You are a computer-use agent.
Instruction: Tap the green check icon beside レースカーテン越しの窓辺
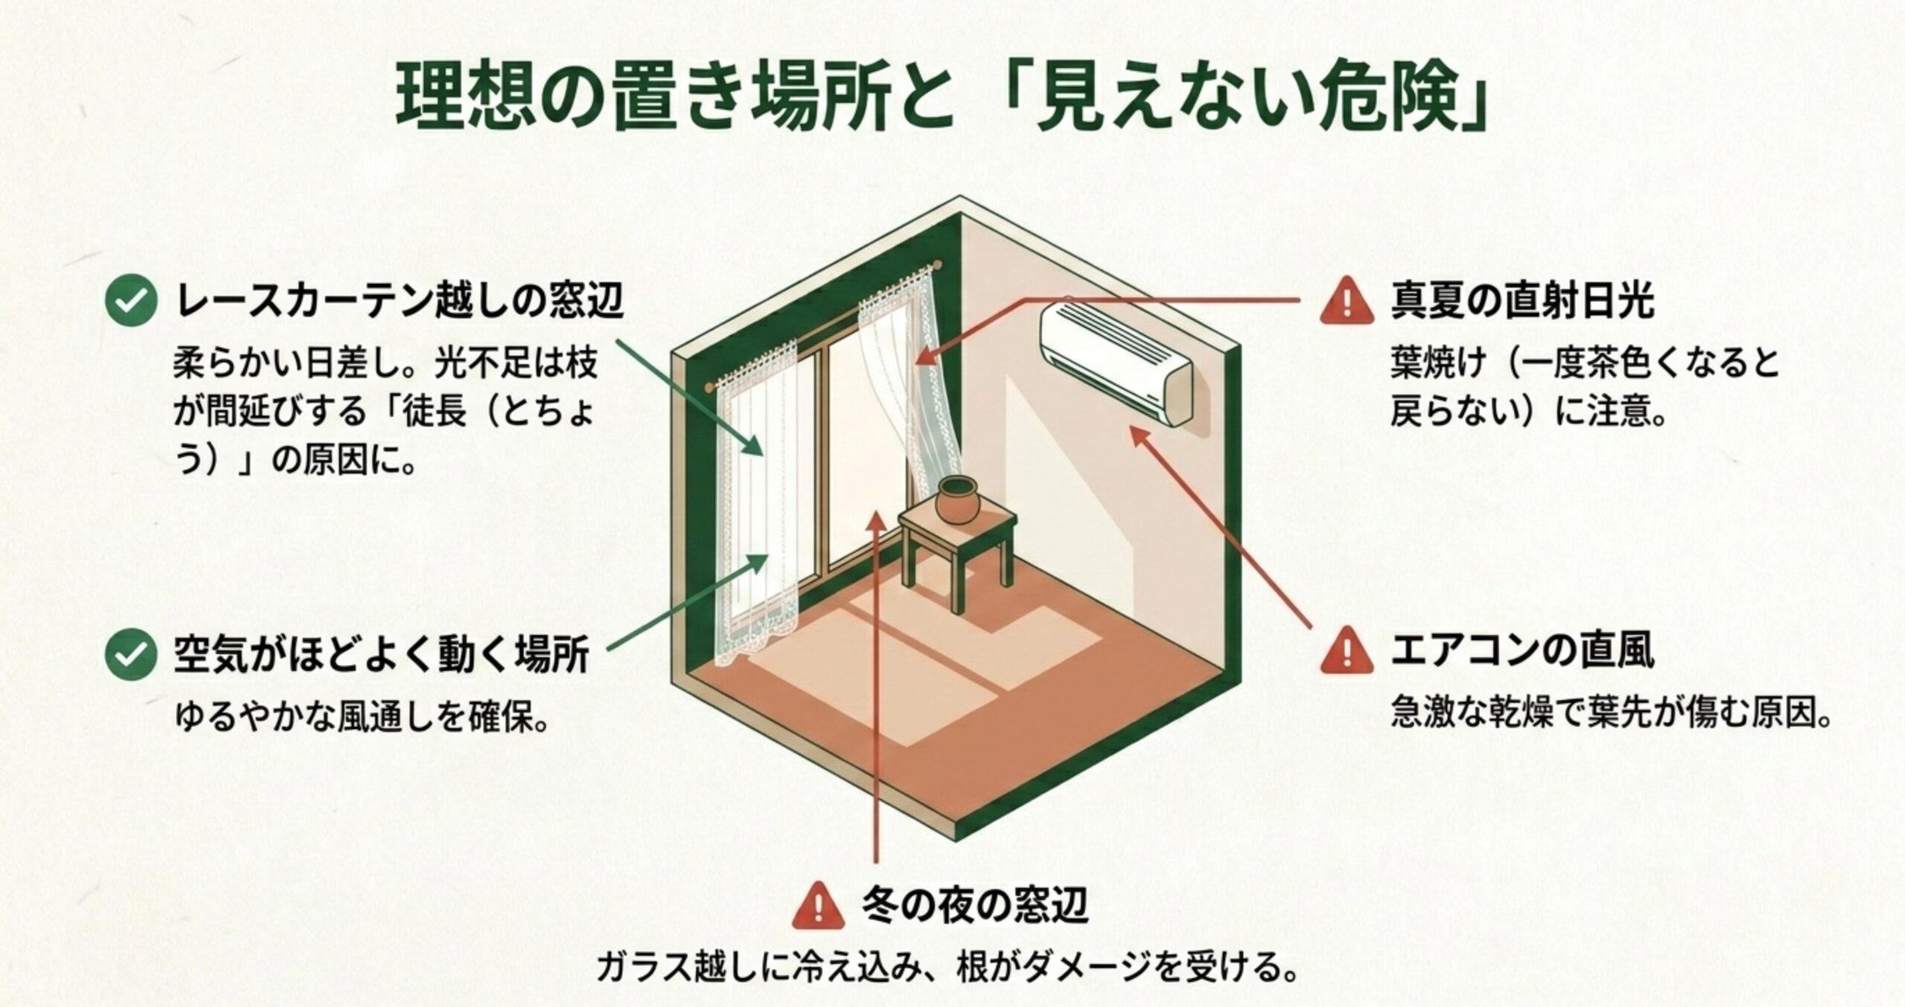131,300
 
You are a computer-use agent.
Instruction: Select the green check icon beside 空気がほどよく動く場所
131,654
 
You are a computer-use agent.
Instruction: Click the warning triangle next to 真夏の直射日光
1347,300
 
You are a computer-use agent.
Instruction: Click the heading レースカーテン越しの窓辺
399,300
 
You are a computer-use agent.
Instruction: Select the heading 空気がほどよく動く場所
382,654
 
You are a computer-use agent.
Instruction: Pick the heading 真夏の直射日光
1522,300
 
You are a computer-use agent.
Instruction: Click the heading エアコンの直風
1522,651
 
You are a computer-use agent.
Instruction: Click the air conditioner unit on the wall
1116,362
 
